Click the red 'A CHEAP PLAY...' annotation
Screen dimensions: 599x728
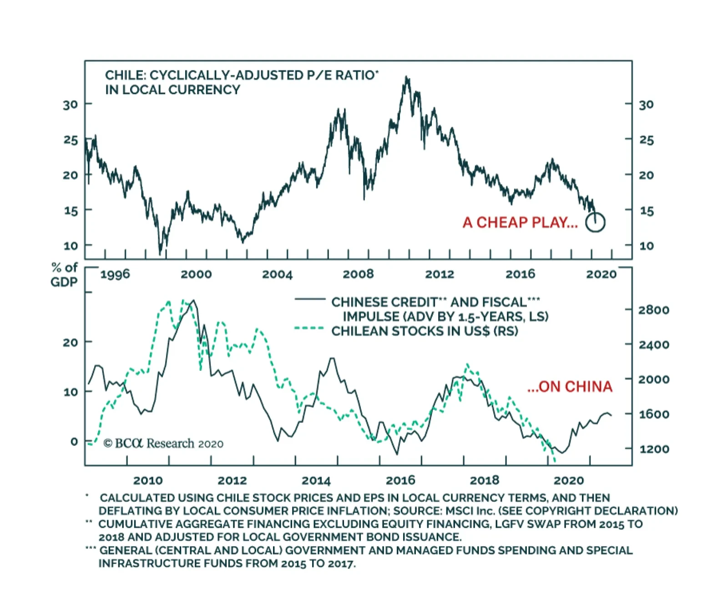tap(520, 223)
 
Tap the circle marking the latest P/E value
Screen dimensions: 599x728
tap(595, 222)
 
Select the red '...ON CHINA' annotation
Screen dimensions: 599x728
tap(570, 387)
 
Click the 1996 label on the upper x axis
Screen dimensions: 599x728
tap(115, 274)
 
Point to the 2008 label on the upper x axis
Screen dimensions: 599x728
tap(358, 274)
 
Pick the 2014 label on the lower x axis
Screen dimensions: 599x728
tap(316, 480)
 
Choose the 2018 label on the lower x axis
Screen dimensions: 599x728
tap(485, 480)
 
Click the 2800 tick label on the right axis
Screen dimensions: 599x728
tap(653, 310)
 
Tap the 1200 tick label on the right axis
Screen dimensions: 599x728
tap(653, 449)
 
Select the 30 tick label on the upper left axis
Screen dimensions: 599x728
tap(71, 105)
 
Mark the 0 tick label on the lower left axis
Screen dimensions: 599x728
tap(74, 442)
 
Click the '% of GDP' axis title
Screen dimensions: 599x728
tap(64, 275)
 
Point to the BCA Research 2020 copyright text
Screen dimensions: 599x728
tap(163, 444)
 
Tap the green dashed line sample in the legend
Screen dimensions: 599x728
tap(309, 328)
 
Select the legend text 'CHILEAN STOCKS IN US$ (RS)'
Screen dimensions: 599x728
tap(425, 331)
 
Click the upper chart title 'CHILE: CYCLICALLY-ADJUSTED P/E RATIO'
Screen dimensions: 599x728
tap(241, 75)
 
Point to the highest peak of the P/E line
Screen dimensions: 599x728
tap(406, 78)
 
